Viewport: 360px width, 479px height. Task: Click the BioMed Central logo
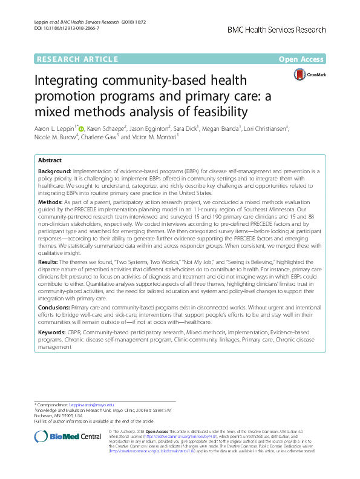click(68, 437)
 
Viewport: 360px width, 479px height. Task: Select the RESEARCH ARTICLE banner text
click(77, 59)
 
